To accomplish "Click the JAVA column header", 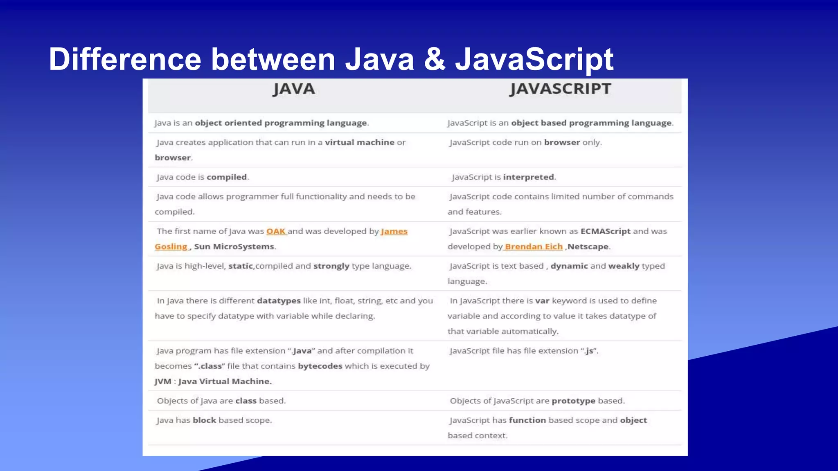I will click(294, 89).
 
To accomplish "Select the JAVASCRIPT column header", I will click(560, 89).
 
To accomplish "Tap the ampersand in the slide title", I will click(435, 59).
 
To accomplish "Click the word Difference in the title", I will click(125, 59).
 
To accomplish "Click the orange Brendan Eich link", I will click(534, 247).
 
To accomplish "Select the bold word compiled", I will click(227, 177).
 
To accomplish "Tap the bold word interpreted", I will click(528, 177).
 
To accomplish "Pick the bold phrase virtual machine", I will click(360, 142).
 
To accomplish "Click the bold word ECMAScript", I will click(605, 231).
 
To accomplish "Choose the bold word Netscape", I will click(588, 247).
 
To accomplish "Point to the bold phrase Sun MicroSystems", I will click(234, 247).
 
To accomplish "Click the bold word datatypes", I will click(279, 301).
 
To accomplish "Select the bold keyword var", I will click(542, 301).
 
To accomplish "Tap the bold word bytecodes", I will click(320, 366).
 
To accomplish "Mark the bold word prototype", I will click(573, 401).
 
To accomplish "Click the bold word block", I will click(204, 420).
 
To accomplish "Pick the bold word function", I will click(527, 420).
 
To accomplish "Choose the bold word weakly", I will click(624, 266).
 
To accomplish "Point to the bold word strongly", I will click(331, 266).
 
